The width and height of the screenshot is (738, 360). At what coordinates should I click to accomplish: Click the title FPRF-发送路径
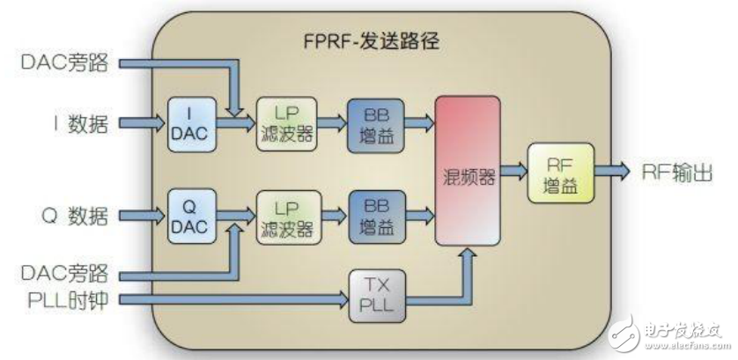click(366, 41)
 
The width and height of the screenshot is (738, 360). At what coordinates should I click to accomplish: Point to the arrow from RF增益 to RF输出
click(616, 170)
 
